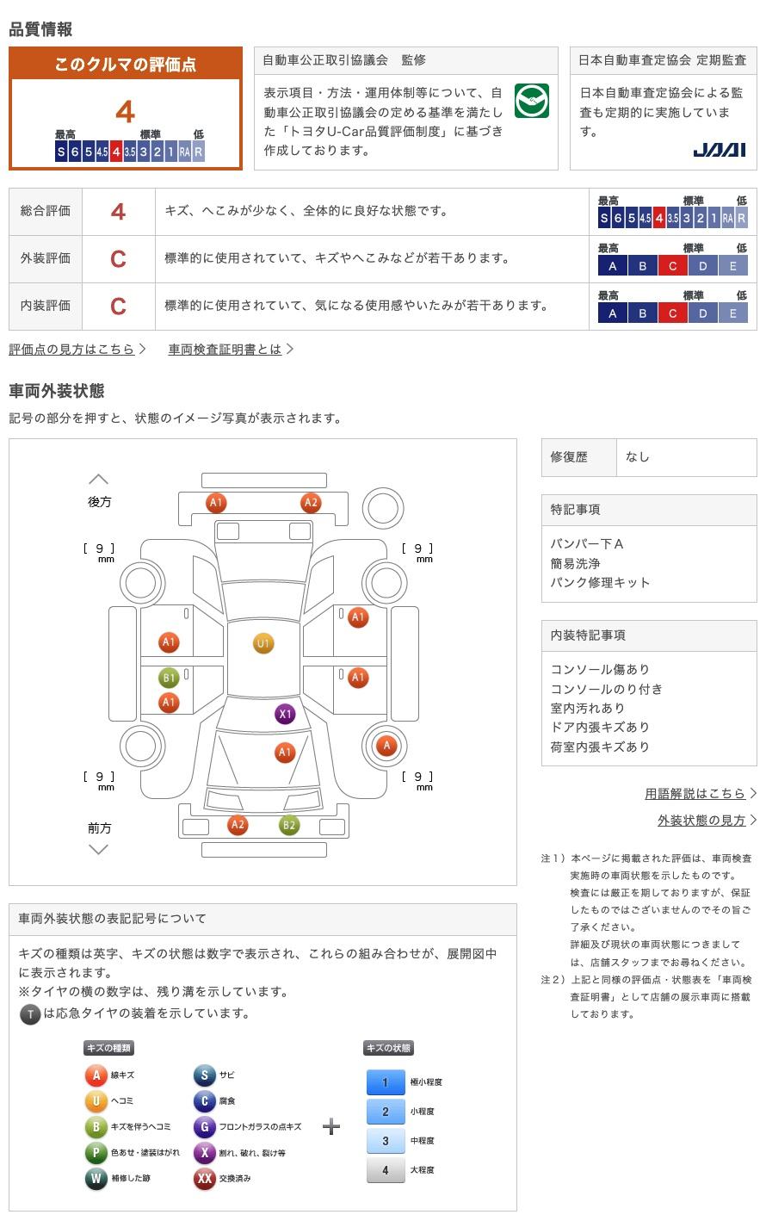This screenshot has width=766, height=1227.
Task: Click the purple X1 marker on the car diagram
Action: (285, 714)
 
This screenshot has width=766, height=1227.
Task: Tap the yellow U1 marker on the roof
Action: (263, 643)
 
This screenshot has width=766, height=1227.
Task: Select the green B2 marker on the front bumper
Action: (289, 825)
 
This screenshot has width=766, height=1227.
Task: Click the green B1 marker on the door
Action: (169, 678)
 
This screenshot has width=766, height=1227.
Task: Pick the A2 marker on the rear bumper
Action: (311, 502)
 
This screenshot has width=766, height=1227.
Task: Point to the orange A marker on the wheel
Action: (386, 745)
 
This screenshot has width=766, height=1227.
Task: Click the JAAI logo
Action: (719, 150)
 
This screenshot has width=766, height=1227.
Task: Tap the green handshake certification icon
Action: (531, 101)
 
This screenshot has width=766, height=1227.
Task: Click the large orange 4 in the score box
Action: (126, 112)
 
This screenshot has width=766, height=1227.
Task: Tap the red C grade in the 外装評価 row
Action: (118, 259)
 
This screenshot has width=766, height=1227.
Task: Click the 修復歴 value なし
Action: (638, 457)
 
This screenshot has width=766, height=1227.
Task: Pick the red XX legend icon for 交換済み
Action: (204, 1178)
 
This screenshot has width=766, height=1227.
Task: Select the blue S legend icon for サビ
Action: (204, 1075)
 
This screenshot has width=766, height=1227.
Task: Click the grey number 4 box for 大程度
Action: (386, 1169)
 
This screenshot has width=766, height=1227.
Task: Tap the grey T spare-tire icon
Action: (30, 1014)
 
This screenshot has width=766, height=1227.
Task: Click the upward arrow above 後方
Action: (98, 479)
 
